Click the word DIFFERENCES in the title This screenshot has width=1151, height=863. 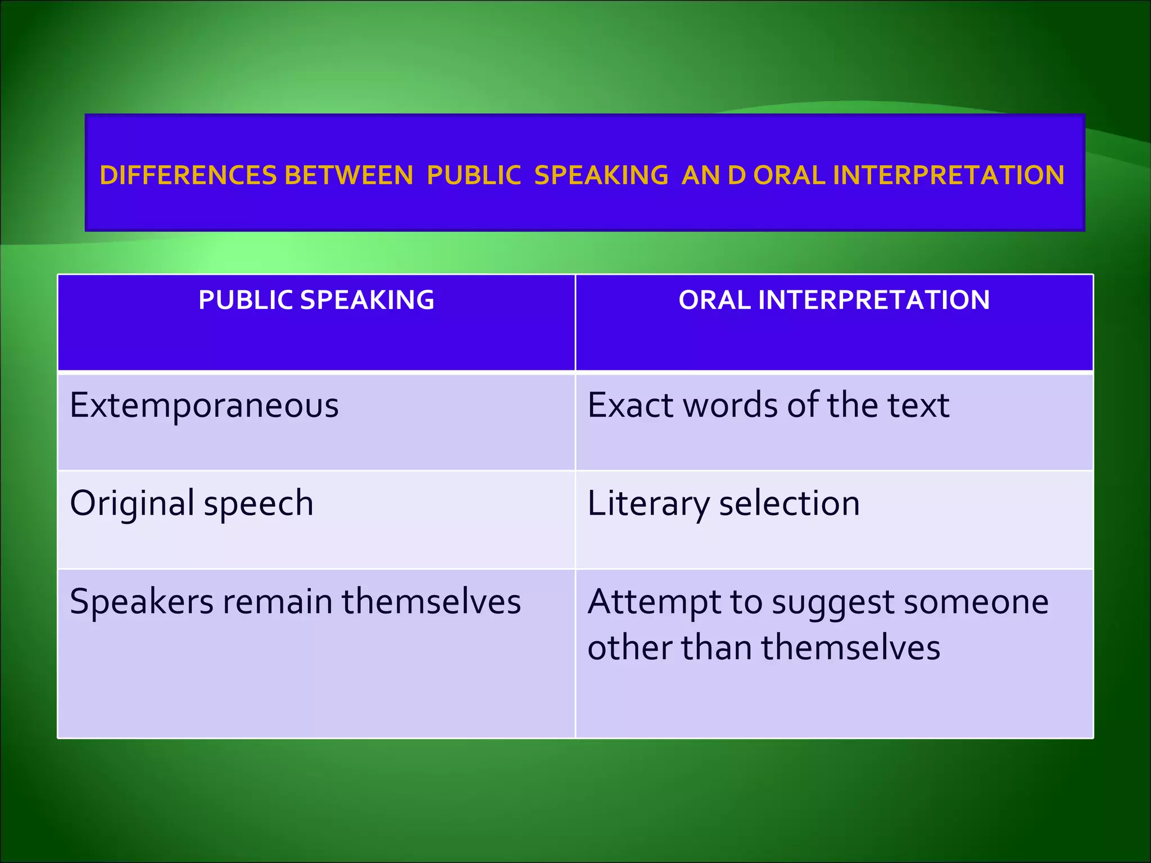pyautogui.click(x=188, y=175)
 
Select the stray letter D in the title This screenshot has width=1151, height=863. pyautogui.click(x=737, y=175)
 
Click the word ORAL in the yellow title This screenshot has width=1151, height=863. pyautogui.click(x=789, y=175)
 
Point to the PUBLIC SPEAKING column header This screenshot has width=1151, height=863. pyautogui.click(x=316, y=300)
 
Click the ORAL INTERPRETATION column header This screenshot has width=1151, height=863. pyautogui.click(x=834, y=300)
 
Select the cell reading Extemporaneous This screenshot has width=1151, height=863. pyautogui.click(x=204, y=405)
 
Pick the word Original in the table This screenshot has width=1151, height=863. pyautogui.click(x=132, y=503)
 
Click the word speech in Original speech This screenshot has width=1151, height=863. pyautogui.click(x=259, y=504)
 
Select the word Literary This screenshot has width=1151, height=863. pyautogui.click(x=648, y=504)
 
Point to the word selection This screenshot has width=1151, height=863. pyautogui.click(x=790, y=503)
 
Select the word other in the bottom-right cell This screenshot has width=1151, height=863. pyautogui.click(x=629, y=647)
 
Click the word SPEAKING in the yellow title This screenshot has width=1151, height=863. pyautogui.click(x=601, y=175)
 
